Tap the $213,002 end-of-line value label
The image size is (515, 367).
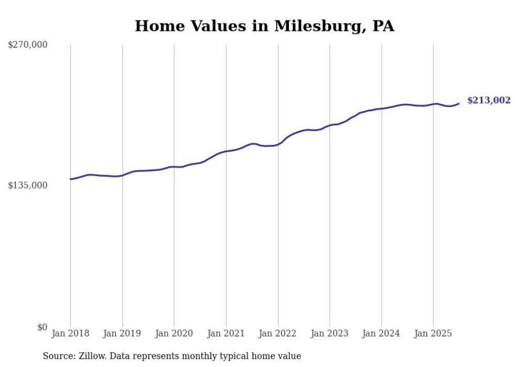point(488,100)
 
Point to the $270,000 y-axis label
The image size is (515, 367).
point(28,45)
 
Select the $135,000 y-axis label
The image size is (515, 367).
point(28,185)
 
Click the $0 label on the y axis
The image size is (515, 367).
point(42,327)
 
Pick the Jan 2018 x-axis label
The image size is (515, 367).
point(70,333)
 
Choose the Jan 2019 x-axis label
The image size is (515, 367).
point(122,333)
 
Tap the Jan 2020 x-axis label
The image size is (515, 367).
point(174,333)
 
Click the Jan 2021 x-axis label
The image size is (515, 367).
point(226,333)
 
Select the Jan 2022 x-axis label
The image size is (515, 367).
point(278,333)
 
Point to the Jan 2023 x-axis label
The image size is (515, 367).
point(329,333)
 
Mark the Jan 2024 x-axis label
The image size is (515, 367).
point(382,333)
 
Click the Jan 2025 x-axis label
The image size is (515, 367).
point(433,333)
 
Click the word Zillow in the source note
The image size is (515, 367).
point(92,356)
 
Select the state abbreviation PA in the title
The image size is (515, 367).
point(383,26)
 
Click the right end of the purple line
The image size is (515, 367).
point(459,103)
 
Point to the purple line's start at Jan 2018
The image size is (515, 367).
point(70,179)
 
